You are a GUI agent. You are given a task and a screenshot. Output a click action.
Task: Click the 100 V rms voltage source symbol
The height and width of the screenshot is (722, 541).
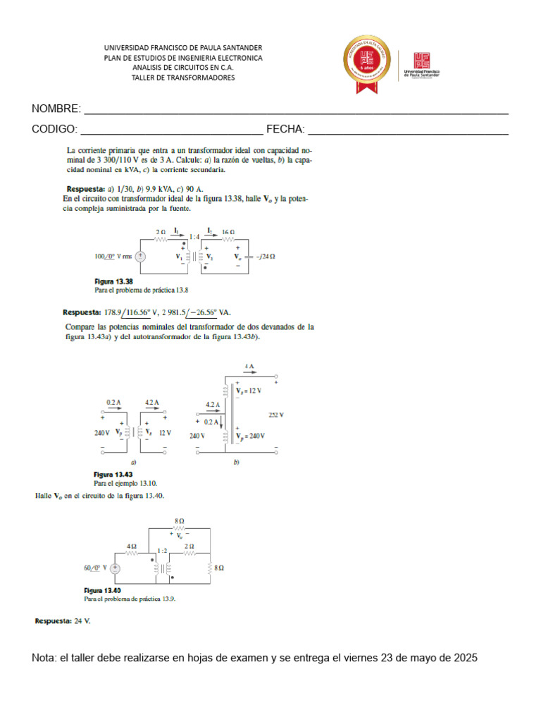point(140,257)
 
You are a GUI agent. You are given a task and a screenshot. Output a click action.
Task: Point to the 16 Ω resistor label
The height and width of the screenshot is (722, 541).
point(228,232)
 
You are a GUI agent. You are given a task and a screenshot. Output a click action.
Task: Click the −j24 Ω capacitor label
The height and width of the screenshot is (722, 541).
point(263,257)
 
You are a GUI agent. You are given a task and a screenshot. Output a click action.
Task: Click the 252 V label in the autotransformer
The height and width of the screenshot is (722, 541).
point(275,415)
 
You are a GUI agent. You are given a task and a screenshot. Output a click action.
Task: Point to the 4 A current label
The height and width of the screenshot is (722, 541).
point(249,367)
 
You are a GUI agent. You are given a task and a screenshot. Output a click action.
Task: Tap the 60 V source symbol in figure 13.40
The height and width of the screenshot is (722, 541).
point(114,568)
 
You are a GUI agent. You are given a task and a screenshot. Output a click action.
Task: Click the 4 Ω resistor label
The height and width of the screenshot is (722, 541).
point(132,546)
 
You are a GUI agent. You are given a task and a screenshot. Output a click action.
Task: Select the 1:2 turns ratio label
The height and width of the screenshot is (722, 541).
point(163,551)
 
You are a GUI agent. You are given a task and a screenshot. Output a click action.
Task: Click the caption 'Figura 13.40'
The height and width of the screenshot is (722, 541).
point(103,590)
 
